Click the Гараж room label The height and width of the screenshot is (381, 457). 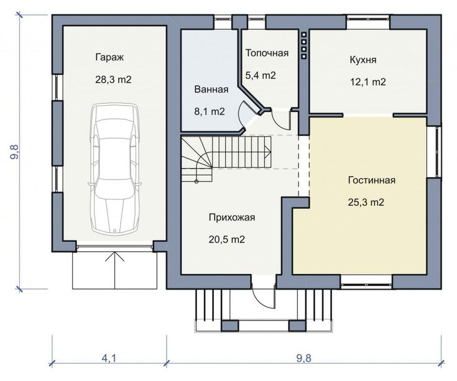(x=109, y=57)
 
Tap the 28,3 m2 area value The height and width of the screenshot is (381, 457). (x=113, y=80)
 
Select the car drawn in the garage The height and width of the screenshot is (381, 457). (x=115, y=169)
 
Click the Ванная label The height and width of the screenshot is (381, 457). (x=211, y=90)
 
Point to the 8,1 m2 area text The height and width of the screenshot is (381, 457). (x=210, y=111)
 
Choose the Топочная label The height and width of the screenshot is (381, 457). (x=267, y=53)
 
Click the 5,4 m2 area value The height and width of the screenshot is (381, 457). (x=261, y=75)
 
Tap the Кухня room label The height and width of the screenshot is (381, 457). (x=363, y=60)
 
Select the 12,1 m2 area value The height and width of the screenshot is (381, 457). (x=368, y=82)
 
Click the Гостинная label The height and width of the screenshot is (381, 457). (x=372, y=180)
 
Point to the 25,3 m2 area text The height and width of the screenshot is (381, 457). (x=366, y=202)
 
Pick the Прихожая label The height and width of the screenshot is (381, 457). (x=232, y=218)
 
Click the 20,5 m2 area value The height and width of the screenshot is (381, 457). (x=227, y=239)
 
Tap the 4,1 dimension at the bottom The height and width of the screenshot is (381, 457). (x=109, y=358)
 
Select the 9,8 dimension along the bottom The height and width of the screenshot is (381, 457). (x=304, y=358)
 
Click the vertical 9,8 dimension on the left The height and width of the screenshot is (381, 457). (x=14, y=152)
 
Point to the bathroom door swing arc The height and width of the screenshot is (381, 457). (x=240, y=114)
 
